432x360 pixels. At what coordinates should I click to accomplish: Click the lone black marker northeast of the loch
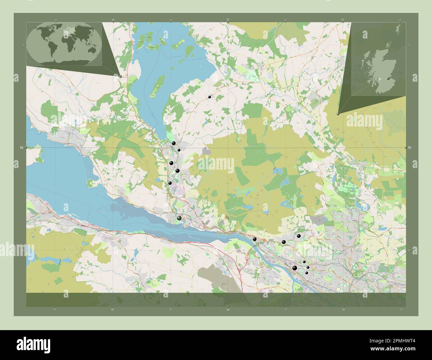(x=209, y=97)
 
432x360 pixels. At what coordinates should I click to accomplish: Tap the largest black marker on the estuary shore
(x=179, y=218)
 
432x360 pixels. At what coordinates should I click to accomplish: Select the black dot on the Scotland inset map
(x=388, y=79)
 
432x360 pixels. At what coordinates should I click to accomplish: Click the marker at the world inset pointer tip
(x=120, y=76)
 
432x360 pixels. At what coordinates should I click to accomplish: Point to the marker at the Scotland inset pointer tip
(x=338, y=114)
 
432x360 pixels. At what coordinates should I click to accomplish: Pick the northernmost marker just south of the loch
(x=173, y=143)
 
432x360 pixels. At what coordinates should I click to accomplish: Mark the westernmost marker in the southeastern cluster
(x=255, y=239)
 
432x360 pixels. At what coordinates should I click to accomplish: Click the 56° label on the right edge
(x=409, y=147)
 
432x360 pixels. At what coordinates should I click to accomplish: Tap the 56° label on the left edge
(x=22, y=147)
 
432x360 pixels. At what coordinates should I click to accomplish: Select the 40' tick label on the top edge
(x=113, y=20)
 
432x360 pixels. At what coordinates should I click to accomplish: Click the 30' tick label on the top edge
(x=228, y=20)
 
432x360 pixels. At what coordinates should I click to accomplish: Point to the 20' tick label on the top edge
(x=343, y=20)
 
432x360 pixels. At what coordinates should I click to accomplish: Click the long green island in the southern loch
(x=158, y=86)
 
